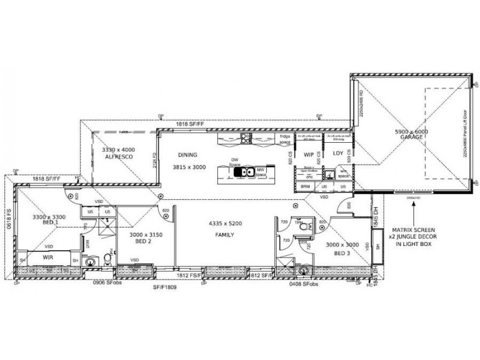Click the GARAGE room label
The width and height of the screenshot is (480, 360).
(412, 137)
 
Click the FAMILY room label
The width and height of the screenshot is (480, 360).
(224, 235)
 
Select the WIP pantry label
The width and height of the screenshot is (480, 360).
(309, 154)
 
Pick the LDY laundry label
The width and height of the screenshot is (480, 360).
(337, 154)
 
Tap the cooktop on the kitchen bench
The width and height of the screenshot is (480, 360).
(245, 140)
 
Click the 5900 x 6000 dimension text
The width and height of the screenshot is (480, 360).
(412, 131)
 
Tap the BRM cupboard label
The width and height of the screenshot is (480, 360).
(305, 187)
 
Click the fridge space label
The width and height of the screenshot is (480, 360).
(285, 140)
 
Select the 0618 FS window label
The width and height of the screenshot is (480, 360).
(8, 220)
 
